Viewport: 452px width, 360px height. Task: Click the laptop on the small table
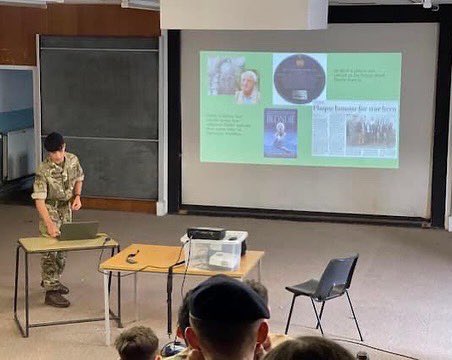click(78, 231)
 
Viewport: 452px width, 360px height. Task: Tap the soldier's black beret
click(54, 141)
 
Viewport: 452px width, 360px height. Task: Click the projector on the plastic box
click(206, 233)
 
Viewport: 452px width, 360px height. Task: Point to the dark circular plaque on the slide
click(299, 78)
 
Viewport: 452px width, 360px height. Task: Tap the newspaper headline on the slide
click(355, 106)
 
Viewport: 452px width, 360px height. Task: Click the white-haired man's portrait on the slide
click(247, 87)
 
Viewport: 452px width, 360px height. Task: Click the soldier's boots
click(56, 296)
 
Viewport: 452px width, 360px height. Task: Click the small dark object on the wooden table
click(132, 257)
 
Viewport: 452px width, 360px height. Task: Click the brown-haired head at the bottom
click(136, 343)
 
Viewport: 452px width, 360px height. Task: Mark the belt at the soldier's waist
click(57, 202)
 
